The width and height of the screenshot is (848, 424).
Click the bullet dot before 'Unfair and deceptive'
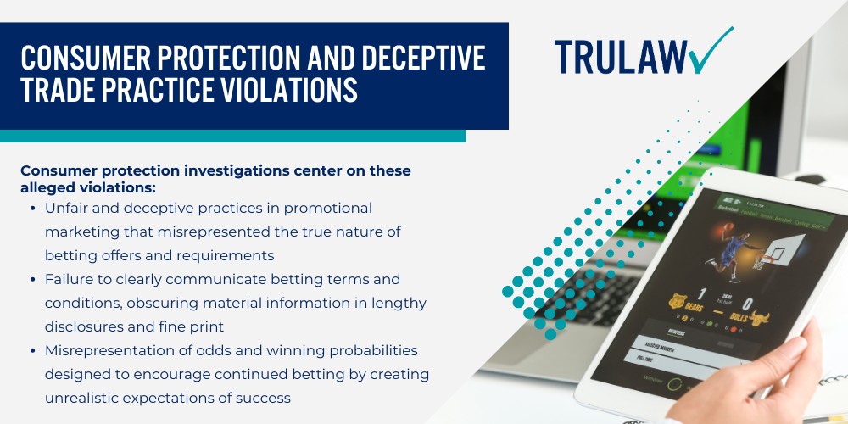pyautogui.click(x=31, y=208)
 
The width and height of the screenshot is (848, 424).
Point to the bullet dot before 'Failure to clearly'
pyautogui.click(x=31, y=279)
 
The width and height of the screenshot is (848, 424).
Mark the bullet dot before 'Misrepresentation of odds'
pyautogui.click(x=31, y=350)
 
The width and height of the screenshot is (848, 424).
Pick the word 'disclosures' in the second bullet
pyautogui.click(x=85, y=326)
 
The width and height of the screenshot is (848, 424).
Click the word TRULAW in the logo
pyautogui.click(x=619, y=55)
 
